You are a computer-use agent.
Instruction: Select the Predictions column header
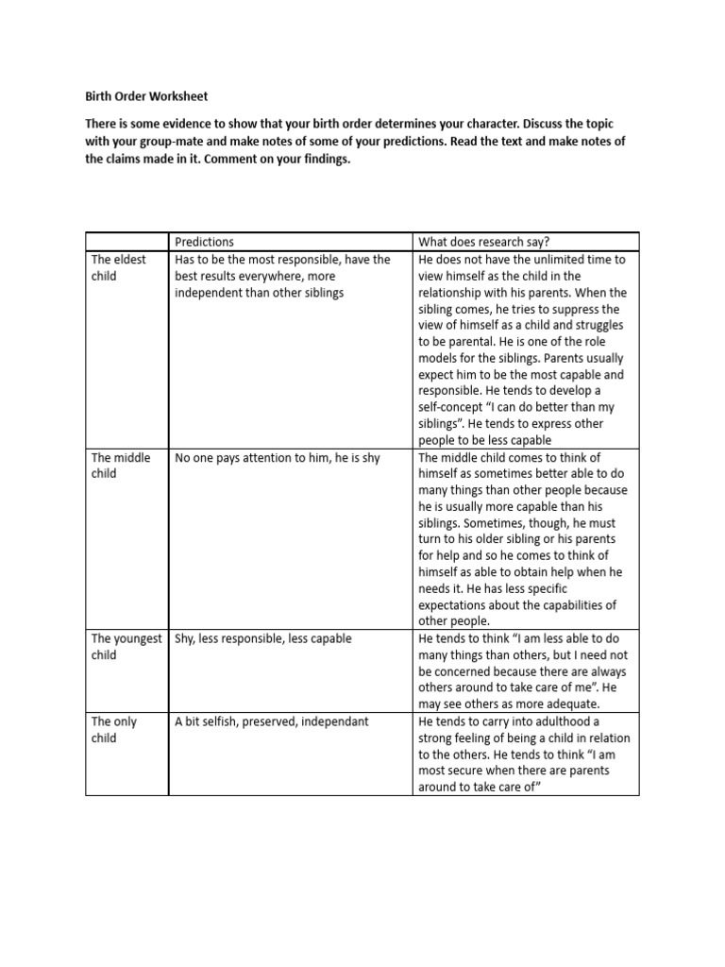click(x=205, y=242)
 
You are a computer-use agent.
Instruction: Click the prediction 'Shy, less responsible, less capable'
click(x=262, y=638)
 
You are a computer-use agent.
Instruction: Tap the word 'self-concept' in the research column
click(x=453, y=407)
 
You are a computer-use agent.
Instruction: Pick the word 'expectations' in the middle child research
click(x=456, y=605)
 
